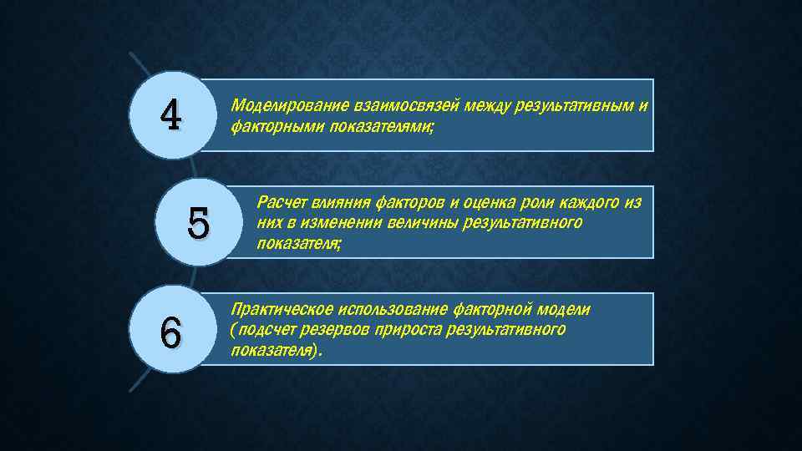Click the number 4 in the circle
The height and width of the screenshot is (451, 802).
click(x=170, y=116)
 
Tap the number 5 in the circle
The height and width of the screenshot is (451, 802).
click(x=199, y=222)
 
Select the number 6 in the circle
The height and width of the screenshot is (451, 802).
click(x=170, y=334)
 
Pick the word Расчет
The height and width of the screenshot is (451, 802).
click(x=282, y=202)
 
